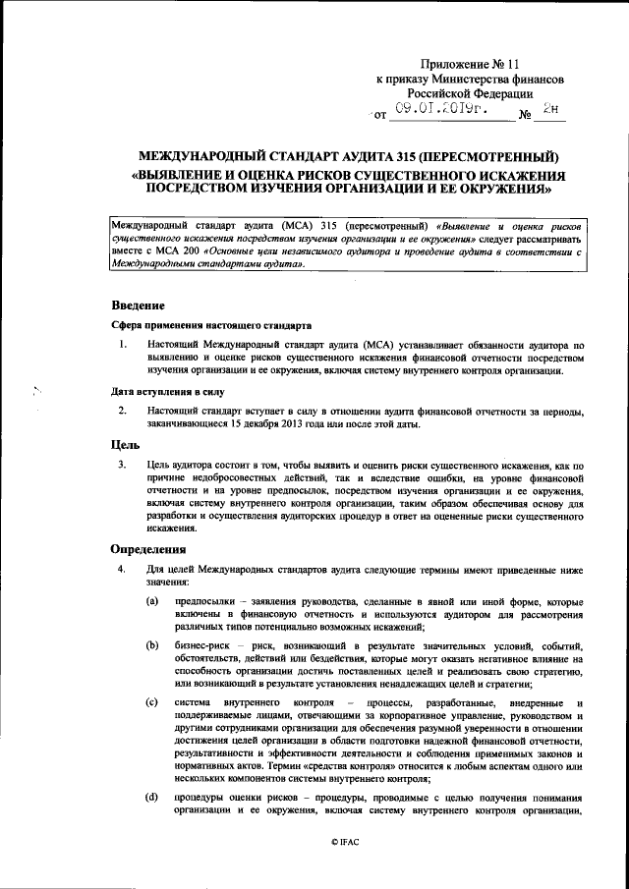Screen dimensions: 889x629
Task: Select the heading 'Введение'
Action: click(x=138, y=305)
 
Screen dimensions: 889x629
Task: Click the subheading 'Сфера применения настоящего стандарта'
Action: click(x=210, y=324)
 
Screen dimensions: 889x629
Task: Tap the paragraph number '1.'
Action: click(x=122, y=344)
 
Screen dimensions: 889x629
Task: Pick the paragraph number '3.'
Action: click(x=122, y=465)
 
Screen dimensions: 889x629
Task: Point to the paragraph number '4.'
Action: click(x=122, y=569)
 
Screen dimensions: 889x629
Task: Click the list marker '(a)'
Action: click(x=152, y=600)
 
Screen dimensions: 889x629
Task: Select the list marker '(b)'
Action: click(x=152, y=643)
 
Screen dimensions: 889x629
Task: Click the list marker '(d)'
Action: click(x=152, y=796)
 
